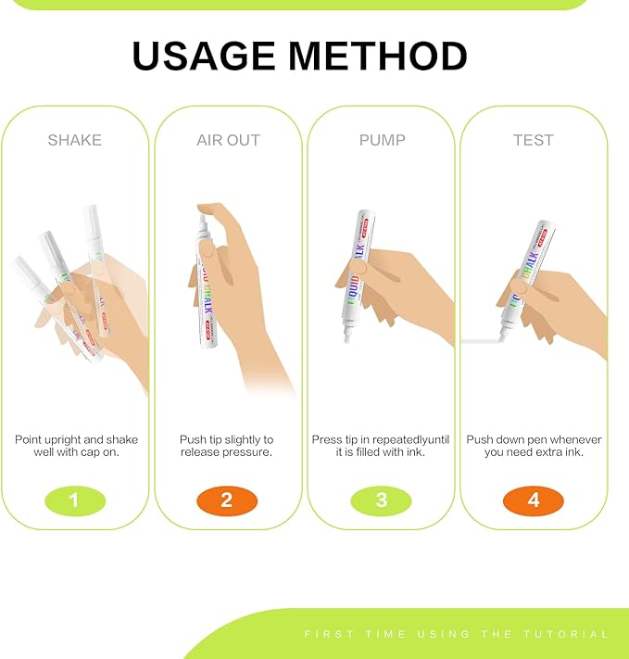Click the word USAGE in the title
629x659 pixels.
204,57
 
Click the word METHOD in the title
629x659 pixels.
378,57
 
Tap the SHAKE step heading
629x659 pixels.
75,140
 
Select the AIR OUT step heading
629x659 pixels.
228,140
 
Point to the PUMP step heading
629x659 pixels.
382,140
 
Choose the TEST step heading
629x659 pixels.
534,140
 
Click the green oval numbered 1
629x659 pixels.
75,501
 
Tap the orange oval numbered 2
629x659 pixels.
227,501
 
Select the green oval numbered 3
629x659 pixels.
381,501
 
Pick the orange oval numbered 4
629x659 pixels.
534,501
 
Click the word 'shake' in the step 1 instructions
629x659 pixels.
122,439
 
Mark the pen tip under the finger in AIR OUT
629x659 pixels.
203,221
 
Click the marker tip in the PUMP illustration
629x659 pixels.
347,336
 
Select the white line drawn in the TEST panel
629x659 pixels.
481,341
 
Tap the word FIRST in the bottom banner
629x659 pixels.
330,634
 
